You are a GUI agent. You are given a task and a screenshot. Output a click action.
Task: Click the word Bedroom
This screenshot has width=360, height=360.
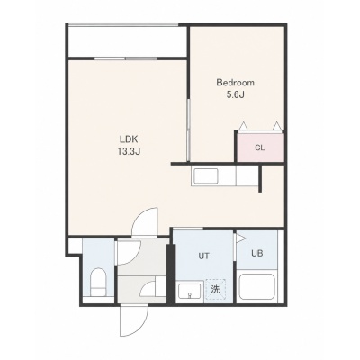(x=235, y=83)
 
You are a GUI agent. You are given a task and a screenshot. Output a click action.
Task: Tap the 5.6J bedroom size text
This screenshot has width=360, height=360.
(x=236, y=95)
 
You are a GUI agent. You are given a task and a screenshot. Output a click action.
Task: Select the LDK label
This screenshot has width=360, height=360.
(x=129, y=139)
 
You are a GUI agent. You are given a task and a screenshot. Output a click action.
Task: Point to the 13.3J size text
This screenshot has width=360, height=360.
(x=129, y=152)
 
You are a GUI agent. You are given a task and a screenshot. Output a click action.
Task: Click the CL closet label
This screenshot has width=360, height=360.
(x=260, y=148)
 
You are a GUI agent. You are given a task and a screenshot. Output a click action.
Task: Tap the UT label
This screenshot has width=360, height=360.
(x=203, y=256)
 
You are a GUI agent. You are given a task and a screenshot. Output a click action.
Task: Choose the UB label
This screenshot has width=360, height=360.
(x=257, y=253)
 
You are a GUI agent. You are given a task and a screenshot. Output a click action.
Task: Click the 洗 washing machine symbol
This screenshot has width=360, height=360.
(x=215, y=290)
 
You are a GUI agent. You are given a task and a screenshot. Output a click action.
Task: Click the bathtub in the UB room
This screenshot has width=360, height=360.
(x=258, y=287)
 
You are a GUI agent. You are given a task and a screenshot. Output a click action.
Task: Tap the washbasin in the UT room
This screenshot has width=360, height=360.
(x=190, y=291)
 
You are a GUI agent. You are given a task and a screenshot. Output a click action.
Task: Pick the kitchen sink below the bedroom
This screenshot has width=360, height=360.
(x=206, y=176)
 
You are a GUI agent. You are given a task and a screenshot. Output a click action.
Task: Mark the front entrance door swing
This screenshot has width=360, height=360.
(x=135, y=321)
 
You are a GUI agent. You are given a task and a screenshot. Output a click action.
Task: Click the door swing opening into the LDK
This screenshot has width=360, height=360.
(x=145, y=221)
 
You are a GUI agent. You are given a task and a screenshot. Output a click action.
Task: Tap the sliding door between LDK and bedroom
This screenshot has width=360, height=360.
(x=188, y=130)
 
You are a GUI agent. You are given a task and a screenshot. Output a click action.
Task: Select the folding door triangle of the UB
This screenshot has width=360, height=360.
(x=240, y=238)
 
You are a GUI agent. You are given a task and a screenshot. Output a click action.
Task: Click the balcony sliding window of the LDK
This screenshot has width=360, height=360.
(x=126, y=58)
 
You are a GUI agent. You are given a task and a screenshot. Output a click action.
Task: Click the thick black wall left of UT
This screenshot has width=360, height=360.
(x=170, y=274)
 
